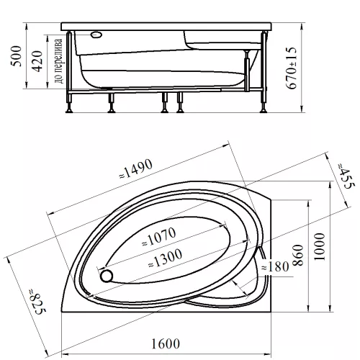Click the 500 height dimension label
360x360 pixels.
pyautogui.click(x=16, y=56)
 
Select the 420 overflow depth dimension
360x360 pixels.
pyautogui.click(x=37, y=61)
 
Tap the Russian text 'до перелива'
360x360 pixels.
pyautogui.click(x=58, y=61)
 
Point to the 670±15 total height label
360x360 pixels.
pyautogui.click(x=292, y=68)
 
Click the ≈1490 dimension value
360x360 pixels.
pyautogui.click(x=136, y=168)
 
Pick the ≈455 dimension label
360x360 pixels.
pyautogui.click(x=346, y=176)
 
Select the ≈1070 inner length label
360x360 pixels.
pyautogui.click(x=159, y=237)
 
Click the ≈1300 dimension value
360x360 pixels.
pyautogui.click(x=166, y=258)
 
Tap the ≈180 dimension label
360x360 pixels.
pyautogui.click(x=275, y=266)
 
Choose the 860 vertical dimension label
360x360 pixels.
pyautogui.click(x=298, y=255)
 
